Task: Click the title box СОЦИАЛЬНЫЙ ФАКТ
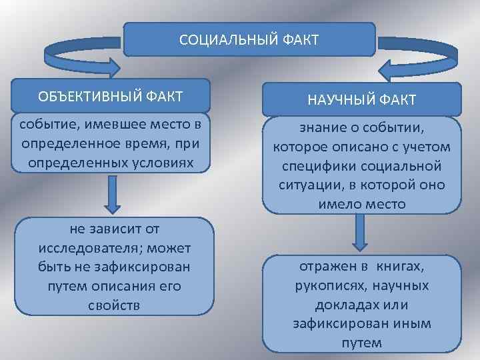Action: tap(249, 39)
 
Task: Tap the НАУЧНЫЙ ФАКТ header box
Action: tap(361, 99)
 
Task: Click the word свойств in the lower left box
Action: tap(114, 306)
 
